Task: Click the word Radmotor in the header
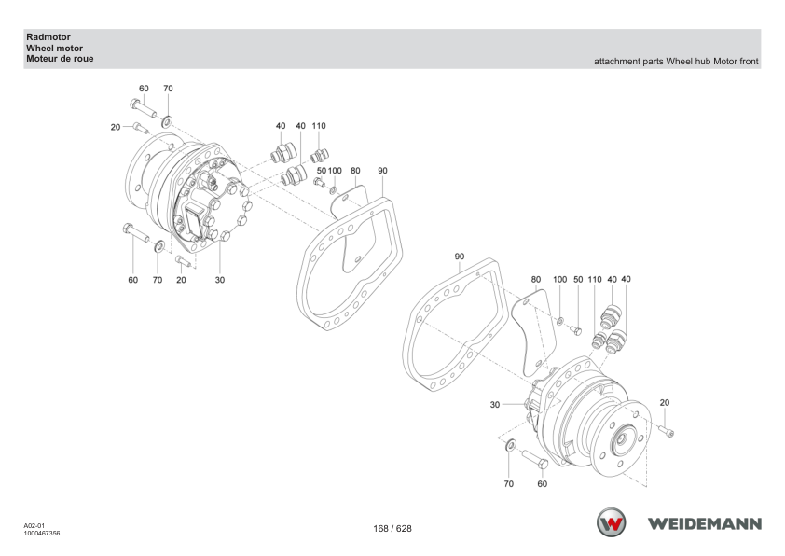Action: (x=48, y=37)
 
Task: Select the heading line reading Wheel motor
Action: (x=55, y=49)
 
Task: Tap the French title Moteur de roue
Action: (x=60, y=59)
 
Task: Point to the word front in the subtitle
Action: (x=749, y=62)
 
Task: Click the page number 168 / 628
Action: (x=392, y=528)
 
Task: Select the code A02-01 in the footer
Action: (x=34, y=525)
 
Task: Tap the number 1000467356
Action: (x=42, y=534)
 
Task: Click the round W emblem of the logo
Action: (x=611, y=522)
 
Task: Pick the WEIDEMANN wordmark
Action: (x=705, y=524)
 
